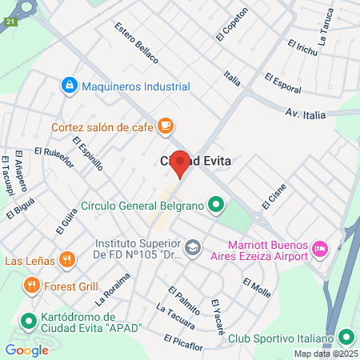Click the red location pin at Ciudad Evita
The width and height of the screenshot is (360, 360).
(181, 163)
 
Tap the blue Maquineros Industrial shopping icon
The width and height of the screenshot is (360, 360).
(70, 85)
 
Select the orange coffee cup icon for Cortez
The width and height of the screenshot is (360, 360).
(166, 126)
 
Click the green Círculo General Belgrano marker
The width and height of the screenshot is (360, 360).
(215, 206)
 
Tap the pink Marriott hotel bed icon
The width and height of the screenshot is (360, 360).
(319, 248)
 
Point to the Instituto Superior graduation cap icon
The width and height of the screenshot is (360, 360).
(192, 248)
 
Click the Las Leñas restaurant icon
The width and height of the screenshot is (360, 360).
(67, 260)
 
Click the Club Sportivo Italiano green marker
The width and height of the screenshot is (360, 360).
(345, 337)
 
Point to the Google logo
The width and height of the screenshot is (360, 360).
(27, 350)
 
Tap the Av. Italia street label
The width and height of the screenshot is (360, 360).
(304, 115)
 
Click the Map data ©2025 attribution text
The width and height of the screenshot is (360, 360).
(325, 354)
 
